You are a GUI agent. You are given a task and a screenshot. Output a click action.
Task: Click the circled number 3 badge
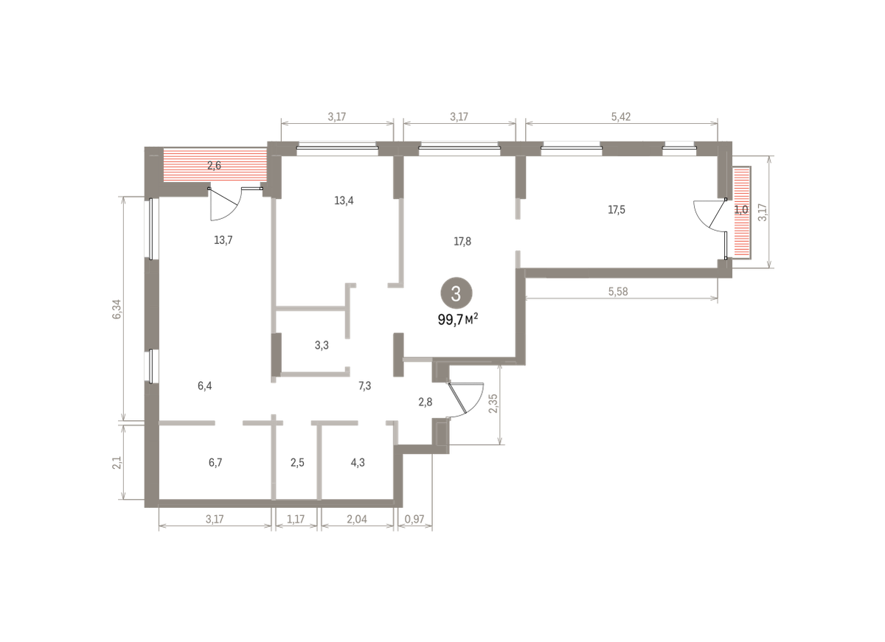coord(457,293)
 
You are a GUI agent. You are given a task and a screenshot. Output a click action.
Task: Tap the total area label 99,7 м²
coord(458,319)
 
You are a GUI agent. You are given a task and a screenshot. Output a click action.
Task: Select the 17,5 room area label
coord(617,209)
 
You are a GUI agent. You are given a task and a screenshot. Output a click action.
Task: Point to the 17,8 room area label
coord(462,241)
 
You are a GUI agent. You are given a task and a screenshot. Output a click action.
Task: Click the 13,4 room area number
coord(344,200)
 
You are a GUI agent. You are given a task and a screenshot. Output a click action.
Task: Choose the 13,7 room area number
coord(223,240)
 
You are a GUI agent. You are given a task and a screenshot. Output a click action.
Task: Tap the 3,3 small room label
coord(322,346)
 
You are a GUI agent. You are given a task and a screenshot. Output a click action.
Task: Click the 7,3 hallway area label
coord(364,385)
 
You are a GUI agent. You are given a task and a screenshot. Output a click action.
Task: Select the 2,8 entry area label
coord(425,402)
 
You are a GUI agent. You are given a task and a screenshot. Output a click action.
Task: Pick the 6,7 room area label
coord(215,462)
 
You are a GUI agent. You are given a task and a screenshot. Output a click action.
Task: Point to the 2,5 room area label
coord(297,462)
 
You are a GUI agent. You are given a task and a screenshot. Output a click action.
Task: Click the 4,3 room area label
coord(358,462)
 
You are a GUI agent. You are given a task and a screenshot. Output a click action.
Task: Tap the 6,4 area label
coord(205,385)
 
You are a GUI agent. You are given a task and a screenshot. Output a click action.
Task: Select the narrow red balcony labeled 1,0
coord(742,212)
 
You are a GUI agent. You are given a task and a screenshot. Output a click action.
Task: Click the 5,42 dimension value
coord(621,117)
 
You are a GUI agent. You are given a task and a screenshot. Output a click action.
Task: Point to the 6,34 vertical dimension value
coord(117,309)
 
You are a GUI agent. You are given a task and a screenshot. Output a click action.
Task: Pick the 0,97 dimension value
coord(414,519)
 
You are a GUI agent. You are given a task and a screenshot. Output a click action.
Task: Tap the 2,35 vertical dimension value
coord(493,403)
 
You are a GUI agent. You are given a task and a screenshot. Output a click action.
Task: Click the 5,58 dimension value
coord(618,292)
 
